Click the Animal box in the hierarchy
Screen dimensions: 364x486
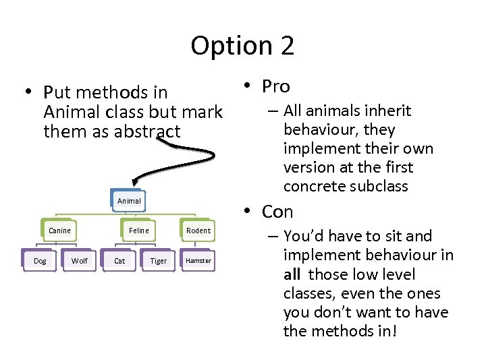pyautogui.click(x=129, y=201)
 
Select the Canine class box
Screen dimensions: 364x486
pyautogui.click(x=59, y=231)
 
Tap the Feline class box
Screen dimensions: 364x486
pyautogui.click(x=139, y=231)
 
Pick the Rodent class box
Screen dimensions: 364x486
pyautogui.click(x=198, y=231)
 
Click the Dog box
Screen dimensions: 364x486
pyautogui.click(x=40, y=261)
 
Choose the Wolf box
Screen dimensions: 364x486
pyautogui.click(x=80, y=261)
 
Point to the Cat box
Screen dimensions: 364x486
pyautogui.click(x=119, y=261)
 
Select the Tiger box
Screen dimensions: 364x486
pyautogui.click(x=159, y=261)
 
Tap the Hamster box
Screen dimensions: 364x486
pyautogui.click(x=198, y=261)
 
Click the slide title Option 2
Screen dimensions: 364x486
pyautogui.click(x=242, y=46)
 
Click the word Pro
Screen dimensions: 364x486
pyautogui.click(x=276, y=86)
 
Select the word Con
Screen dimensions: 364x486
pyautogui.click(x=277, y=212)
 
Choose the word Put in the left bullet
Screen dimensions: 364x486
pyautogui.click(x=57, y=92)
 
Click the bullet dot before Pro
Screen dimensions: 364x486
pyautogui.click(x=248, y=86)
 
